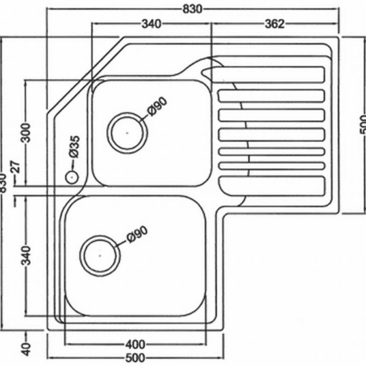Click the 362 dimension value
[x=275, y=24]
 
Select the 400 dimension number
[x=135, y=344]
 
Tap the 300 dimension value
[x=26, y=133]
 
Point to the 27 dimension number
[x=16, y=166]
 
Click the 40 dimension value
[x=26, y=349]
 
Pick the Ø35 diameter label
[x=74, y=147]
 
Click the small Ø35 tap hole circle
[x=72, y=177]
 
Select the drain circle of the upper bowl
[x=127, y=133]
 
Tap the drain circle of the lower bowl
[x=100, y=256]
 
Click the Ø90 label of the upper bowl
[x=157, y=106]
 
